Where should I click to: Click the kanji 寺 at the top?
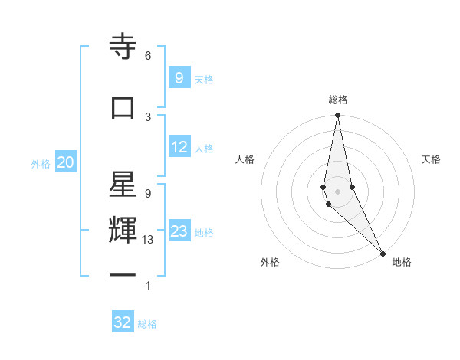coord(123,47)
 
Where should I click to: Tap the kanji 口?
coord(123,108)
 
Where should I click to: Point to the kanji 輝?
coord(123,231)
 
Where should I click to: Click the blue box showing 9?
coord(179,77)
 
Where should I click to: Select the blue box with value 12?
coord(179,147)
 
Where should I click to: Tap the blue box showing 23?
coord(179,231)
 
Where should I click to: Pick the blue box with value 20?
coord(66,162)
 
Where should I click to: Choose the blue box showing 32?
coord(123,322)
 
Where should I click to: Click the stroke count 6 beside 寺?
coord(148,56)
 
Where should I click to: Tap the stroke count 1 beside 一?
coord(148,286)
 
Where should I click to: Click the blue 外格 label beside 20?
coord(41,163)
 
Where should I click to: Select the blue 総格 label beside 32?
coord(147,323)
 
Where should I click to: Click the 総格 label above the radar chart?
coord(338,100)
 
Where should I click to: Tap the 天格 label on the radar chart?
coord(432,159)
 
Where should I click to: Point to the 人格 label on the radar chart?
coord(245,159)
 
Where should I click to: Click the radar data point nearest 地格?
coord(383,252)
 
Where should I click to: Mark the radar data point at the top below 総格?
coord(337,116)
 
